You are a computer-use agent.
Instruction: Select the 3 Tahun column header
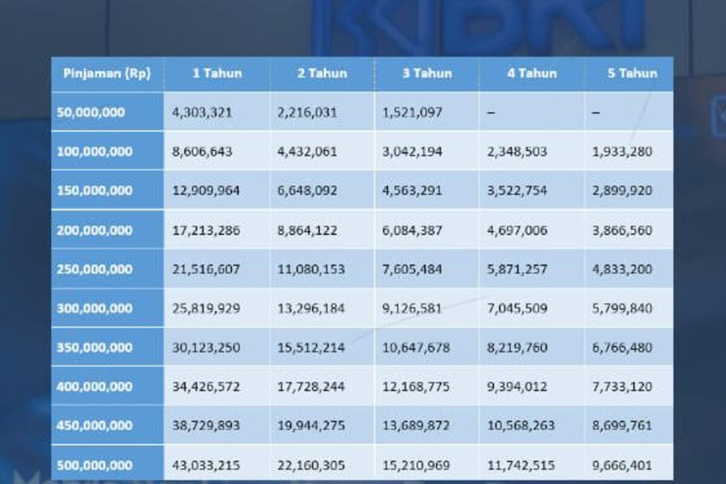pyautogui.click(x=427, y=74)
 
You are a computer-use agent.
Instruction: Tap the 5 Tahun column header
pyautogui.click(x=632, y=74)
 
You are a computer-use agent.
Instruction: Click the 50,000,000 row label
pyautogui.click(x=91, y=112)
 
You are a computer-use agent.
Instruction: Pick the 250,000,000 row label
pyautogui.click(x=94, y=269)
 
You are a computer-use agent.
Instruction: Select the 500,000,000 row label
pyautogui.click(x=94, y=465)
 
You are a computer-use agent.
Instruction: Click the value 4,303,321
pyautogui.click(x=202, y=112)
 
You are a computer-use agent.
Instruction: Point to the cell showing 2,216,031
pyautogui.click(x=307, y=112)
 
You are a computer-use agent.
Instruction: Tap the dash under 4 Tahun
pyautogui.click(x=491, y=112)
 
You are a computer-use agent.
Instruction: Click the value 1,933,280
pyautogui.click(x=622, y=151)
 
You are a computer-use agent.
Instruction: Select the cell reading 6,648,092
pyautogui.click(x=307, y=191)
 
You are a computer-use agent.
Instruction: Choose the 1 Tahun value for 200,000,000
pyautogui.click(x=206, y=230)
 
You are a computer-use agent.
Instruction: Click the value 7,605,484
pyautogui.click(x=412, y=269)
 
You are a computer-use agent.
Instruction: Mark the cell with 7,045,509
pyautogui.click(x=517, y=308)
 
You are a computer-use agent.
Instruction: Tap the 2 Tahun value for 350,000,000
pyautogui.click(x=311, y=347)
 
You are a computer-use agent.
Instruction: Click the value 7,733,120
pyautogui.click(x=622, y=387)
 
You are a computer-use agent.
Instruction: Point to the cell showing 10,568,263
pyautogui.click(x=520, y=425)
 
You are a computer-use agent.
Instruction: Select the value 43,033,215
pyautogui.click(x=206, y=465)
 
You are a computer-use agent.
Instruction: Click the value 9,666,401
pyautogui.click(x=622, y=465)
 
